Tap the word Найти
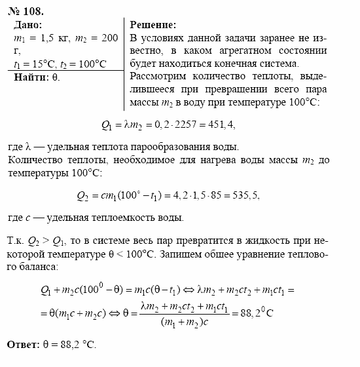(x=30, y=77)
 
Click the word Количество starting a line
(x=34, y=159)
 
